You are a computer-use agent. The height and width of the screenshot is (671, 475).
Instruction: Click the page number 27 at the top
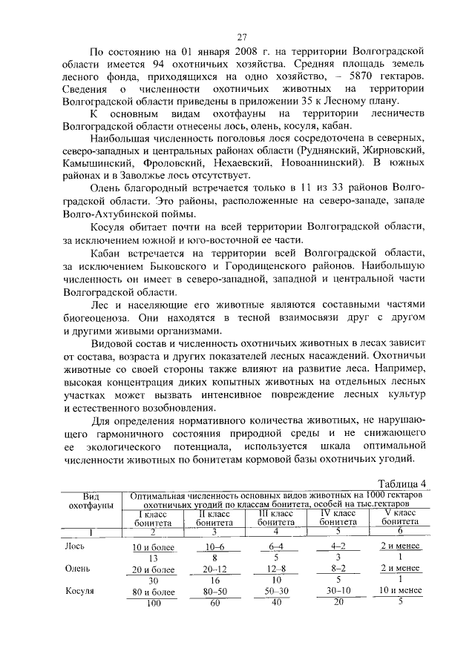click(241, 37)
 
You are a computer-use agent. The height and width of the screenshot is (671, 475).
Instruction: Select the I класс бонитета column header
click(153, 518)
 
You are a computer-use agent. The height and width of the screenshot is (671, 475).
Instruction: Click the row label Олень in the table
click(77, 569)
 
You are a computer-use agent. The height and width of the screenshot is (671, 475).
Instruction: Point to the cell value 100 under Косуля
click(153, 603)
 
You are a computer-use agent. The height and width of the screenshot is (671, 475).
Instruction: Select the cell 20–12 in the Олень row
click(215, 569)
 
